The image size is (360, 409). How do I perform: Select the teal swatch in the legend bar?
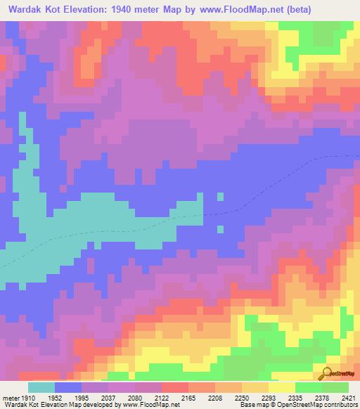point(41,387)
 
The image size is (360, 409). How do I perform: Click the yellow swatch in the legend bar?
point(281,387)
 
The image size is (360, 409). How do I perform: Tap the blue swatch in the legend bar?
point(68,387)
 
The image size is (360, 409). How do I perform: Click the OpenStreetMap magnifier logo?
point(327,372)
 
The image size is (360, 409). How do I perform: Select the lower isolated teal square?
point(220,228)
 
